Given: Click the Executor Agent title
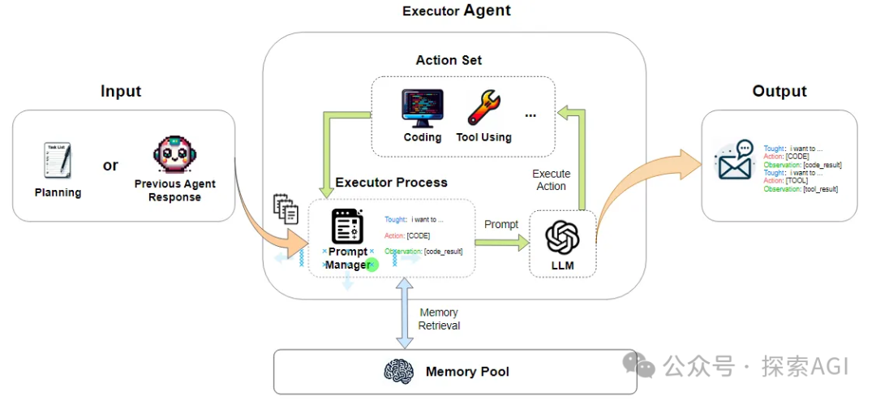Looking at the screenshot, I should (x=457, y=11).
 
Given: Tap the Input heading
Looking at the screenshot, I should (x=121, y=91).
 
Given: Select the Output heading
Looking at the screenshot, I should (x=779, y=91).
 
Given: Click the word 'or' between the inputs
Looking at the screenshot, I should (x=110, y=166).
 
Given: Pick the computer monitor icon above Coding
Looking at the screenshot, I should (x=423, y=108).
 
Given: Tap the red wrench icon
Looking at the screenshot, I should (x=484, y=108).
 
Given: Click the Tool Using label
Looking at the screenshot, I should (x=483, y=137).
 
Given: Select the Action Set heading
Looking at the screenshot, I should (x=449, y=60).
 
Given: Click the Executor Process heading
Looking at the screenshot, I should (x=391, y=183).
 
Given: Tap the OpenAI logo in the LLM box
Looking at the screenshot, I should (x=562, y=237).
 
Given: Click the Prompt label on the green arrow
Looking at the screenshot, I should (x=501, y=224).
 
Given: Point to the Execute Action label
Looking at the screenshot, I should (x=551, y=180).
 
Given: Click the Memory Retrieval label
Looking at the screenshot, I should (x=439, y=319).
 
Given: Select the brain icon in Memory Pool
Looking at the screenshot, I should (x=399, y=372).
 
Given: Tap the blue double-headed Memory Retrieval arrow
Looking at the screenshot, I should (x=403, y=313).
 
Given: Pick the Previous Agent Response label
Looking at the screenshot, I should (x=174, y=191).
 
